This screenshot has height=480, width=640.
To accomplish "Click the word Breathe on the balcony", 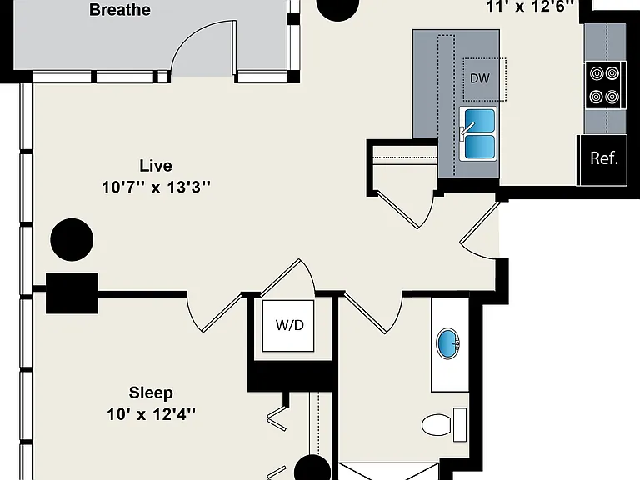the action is [120, 10].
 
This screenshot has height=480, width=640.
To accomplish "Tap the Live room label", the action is [156, 166].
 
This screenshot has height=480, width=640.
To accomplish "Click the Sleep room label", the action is [151, 392].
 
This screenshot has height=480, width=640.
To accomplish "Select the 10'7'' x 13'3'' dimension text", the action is [156, 187].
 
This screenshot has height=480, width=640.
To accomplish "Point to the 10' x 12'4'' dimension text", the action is [151, 414].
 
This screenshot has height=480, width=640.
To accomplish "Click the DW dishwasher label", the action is [480, 78].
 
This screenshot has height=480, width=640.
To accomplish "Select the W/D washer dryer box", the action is [288, 326].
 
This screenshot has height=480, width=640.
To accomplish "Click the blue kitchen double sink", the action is [478, 133].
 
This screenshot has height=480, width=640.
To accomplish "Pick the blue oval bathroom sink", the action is [447, 343].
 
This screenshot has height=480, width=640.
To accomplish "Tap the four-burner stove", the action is [604, 85].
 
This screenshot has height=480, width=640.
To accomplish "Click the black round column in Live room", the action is [72, 240].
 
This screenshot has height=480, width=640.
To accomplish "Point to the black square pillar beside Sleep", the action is [72, 293].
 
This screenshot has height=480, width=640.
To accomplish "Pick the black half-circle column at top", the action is [338, 9].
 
